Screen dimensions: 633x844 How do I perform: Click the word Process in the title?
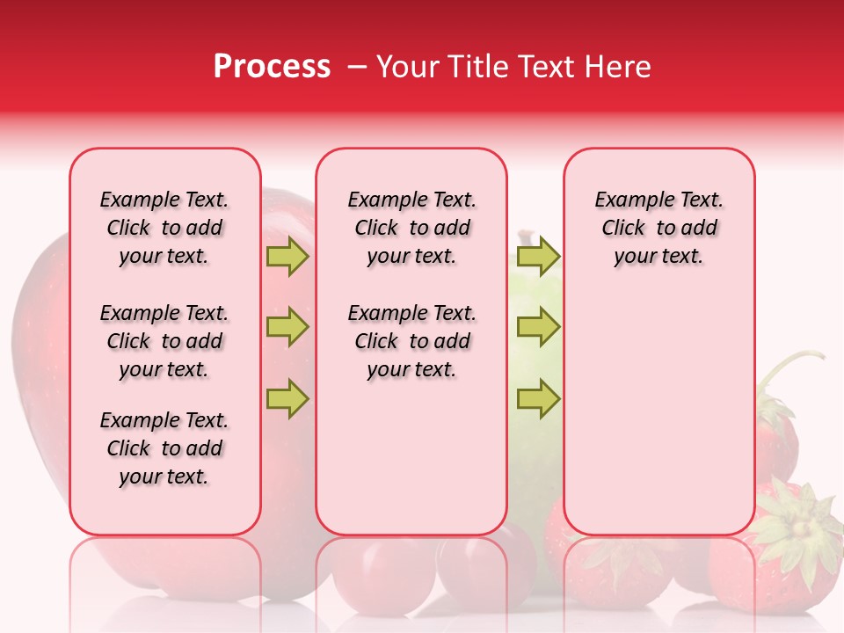click(x=272, y=67)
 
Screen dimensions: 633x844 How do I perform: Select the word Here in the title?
click(x=618, y=67)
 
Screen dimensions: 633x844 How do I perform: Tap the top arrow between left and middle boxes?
click(x=287, y=257)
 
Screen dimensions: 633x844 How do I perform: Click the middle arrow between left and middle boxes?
click(x=287, y=327)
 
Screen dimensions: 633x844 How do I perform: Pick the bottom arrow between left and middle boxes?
click(x=287, y=398)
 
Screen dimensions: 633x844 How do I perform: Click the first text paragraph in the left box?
click(x=164, y=228)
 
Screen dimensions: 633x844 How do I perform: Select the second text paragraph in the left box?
click(x=164, y=341)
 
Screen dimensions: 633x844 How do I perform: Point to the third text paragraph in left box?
click(x=164, y=448)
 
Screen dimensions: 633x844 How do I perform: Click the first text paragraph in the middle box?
click(x=412, y=228)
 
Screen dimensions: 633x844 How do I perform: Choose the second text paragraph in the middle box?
click(x=412, y=341)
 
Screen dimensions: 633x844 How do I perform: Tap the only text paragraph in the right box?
click(x=659, y=228)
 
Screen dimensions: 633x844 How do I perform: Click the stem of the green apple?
click(x=526, y=237)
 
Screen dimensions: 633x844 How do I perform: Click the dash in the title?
click(x=357, y=68)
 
